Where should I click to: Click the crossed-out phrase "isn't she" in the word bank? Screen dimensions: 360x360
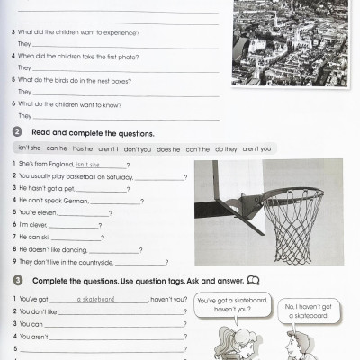pos(29,148)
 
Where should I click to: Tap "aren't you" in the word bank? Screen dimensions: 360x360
pos(256,148)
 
